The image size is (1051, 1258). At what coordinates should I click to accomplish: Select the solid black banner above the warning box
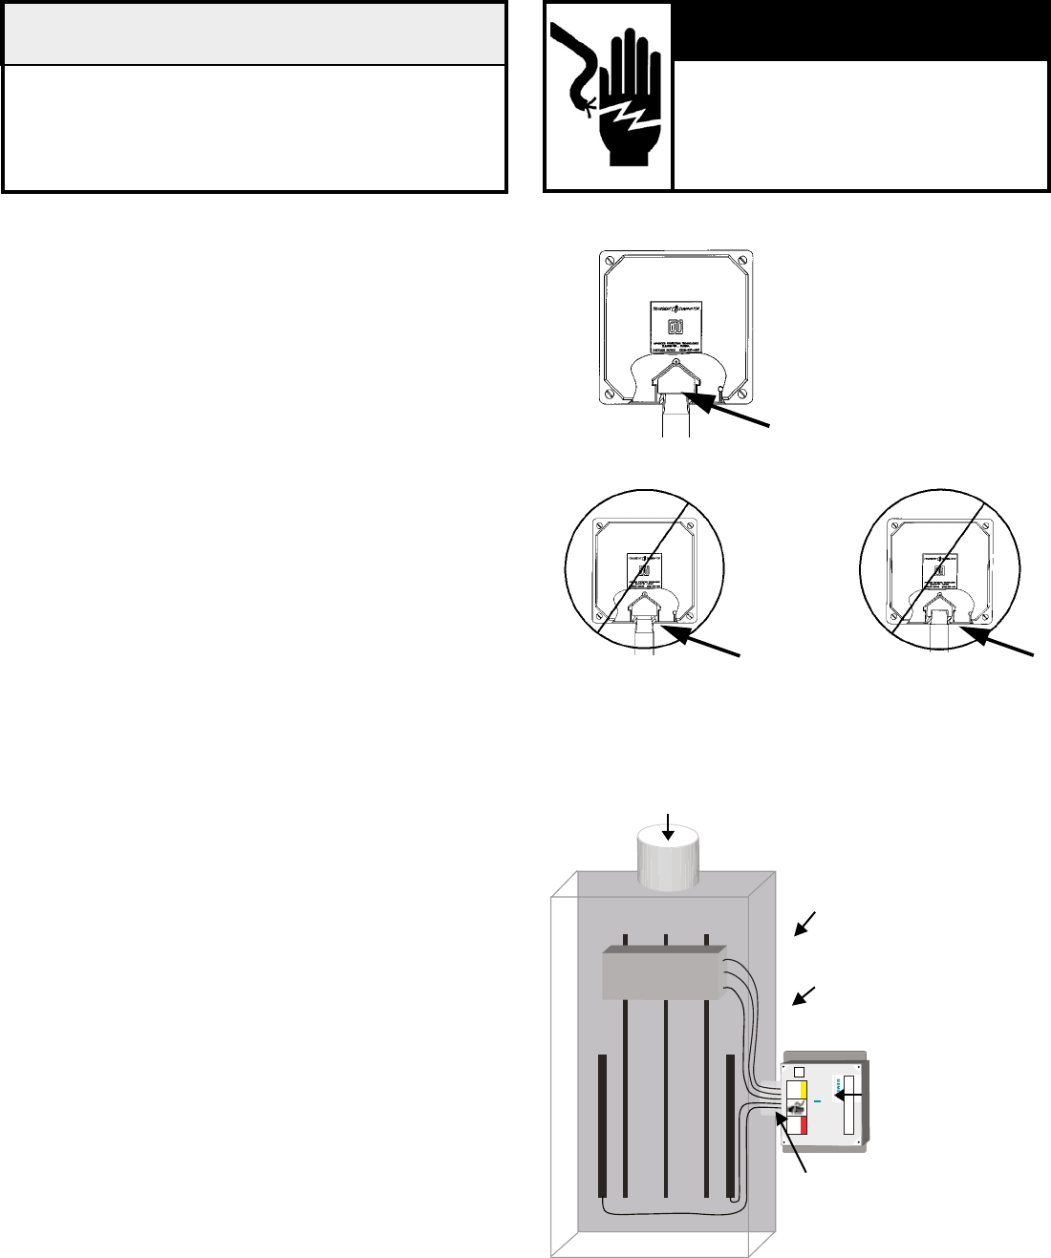click(860, 32)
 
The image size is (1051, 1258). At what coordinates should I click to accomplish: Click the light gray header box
click(253, 32)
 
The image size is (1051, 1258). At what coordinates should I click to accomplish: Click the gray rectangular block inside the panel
click(665, 975)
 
